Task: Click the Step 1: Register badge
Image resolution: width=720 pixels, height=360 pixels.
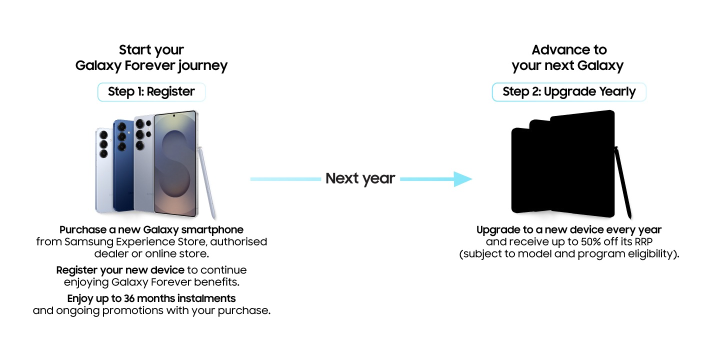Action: tap(151, 92)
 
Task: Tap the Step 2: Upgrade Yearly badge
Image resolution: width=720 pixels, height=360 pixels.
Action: tap(569, 92)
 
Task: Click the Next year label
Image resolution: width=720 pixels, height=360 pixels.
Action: tap(360, 178)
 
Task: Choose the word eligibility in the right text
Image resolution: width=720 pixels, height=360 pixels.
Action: tap(649, 254)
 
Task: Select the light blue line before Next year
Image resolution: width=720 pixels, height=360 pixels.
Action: tap(285, 178)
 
